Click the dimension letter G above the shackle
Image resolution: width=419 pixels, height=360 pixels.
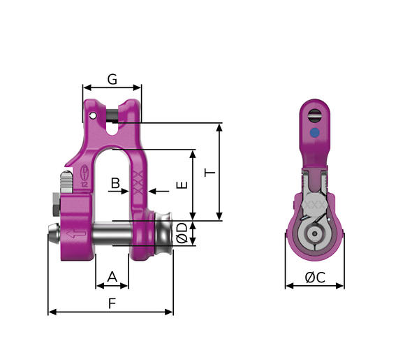pos(112,78)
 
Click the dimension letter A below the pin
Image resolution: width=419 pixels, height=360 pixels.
pos(112,277)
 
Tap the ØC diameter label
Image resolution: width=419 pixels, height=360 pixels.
pos(315,277)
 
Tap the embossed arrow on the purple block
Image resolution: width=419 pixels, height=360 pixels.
pos(74,234)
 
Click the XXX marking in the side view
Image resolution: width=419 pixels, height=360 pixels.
pos(315,207)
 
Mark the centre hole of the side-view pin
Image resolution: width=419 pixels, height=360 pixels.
pos(315,232)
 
